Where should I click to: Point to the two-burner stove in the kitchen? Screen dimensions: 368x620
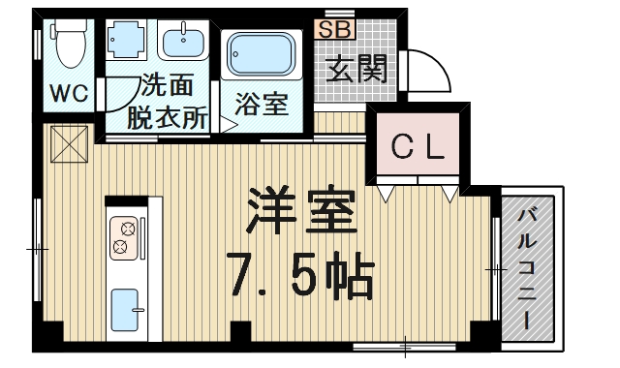(126, 237)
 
